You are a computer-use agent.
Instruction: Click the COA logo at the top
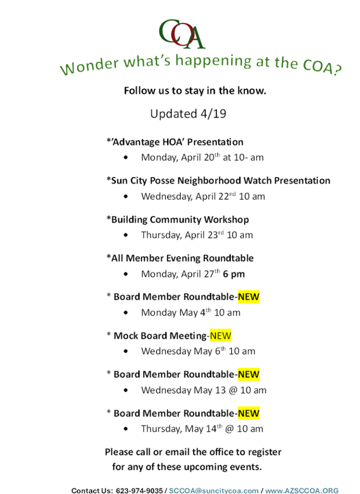point(182,34)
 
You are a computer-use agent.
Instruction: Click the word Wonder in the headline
point(89,66)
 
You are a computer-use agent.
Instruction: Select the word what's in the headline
point(147,61)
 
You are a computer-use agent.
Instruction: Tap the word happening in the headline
point(213,61)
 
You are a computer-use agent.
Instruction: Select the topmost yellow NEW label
point(249,297)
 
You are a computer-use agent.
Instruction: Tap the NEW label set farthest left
point(221,335)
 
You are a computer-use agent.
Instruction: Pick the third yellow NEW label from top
point(249,374)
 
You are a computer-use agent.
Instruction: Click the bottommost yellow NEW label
point(249,413)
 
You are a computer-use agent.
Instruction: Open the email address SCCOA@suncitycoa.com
point(213,491)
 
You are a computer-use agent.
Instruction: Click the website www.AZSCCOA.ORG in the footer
point(302,491)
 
